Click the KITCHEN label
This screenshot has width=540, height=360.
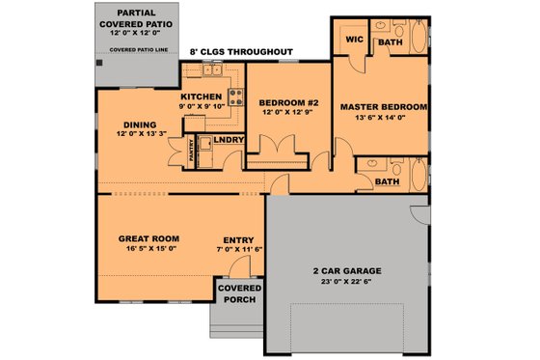[202, 97]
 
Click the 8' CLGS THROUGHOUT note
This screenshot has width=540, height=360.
[242, 50]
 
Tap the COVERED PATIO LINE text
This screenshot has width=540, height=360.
[135, 47]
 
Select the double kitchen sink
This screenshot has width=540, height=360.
[212, 69]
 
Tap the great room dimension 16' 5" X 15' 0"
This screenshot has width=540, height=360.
[150, 249]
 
